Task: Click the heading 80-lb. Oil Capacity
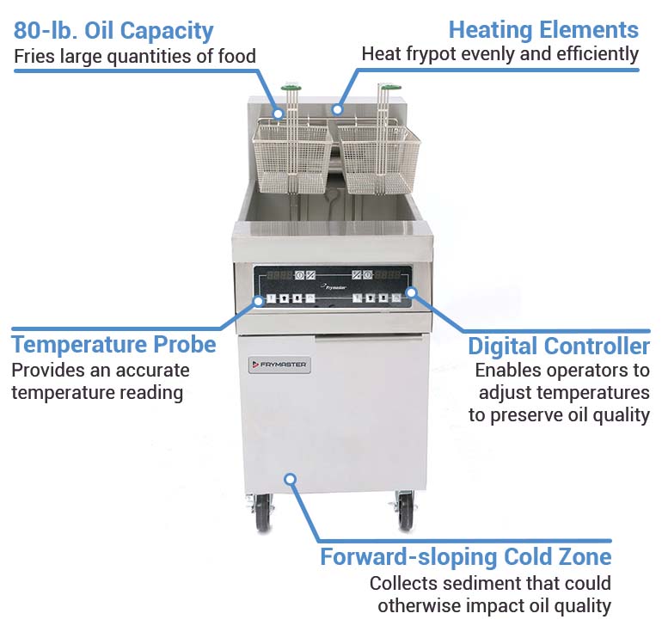coord(113,31)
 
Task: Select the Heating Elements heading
coord(543,30)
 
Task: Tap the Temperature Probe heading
coord(113,345)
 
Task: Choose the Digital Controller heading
coord(559,347)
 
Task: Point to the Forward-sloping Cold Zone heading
coord(466,556)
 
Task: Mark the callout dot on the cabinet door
coord(291,478)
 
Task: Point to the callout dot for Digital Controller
coord(411,292)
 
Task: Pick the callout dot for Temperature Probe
coord(257,301)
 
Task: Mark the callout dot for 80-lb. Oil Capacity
coord(278,112)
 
